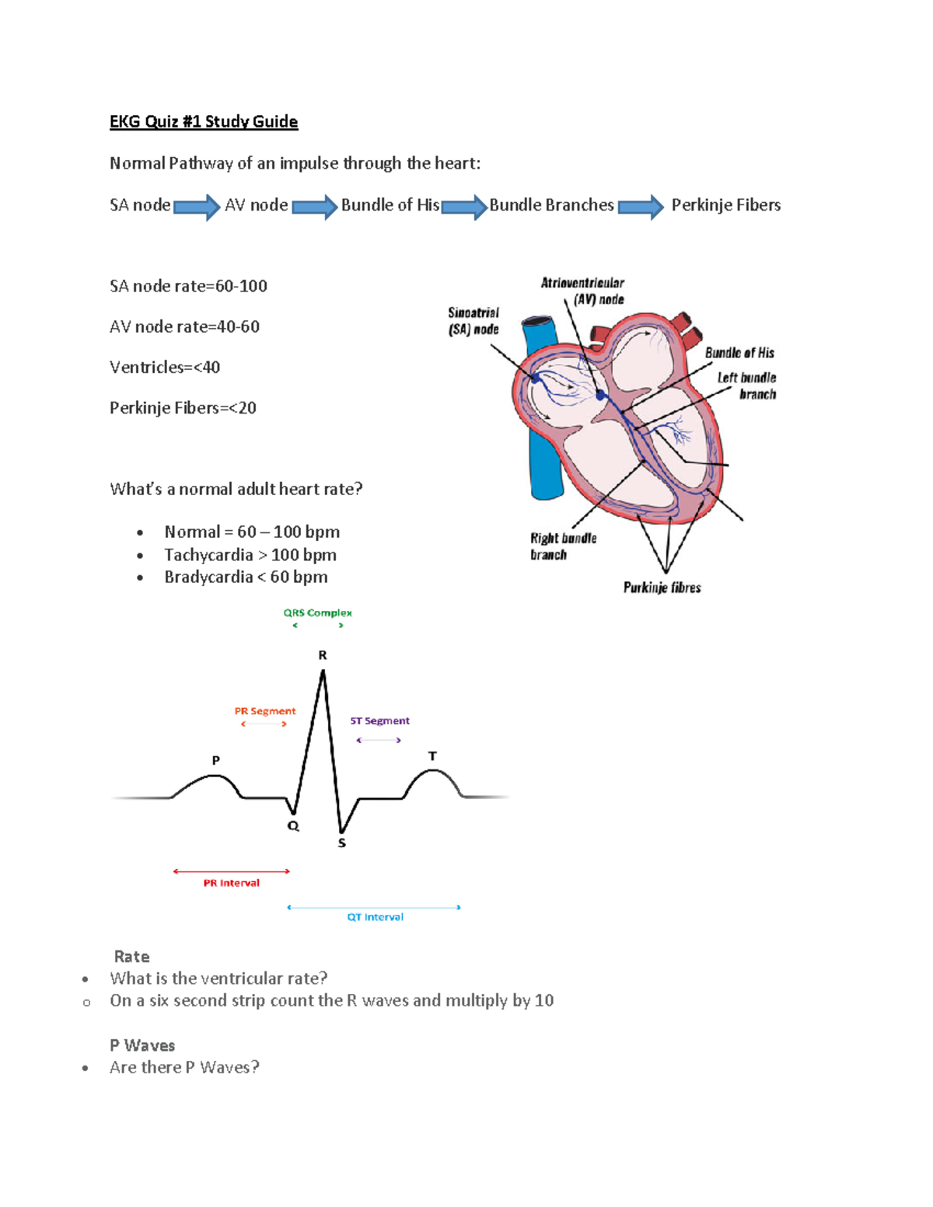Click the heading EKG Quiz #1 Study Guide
click(204, 121)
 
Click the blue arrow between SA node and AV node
click(197, 207)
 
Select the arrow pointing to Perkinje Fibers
click(641, 207)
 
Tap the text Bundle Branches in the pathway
click(551, 205)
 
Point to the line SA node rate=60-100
click(188, 286)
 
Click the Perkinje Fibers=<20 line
click(183, 408)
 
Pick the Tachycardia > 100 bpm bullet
click(250, 555)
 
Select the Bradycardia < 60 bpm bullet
click(246, 577)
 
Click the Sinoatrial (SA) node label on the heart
click(473, 321)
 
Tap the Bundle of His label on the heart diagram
click(739, 353)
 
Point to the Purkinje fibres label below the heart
click(662, 588)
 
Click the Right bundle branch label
click(563, 546)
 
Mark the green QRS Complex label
click(317, 613)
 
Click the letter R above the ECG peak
click(323, 655)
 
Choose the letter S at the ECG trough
click(342, 843)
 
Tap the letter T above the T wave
click(432, 756)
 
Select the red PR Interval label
click(231, 883)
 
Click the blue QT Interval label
click(375, 917)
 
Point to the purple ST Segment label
click(379, 721)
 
